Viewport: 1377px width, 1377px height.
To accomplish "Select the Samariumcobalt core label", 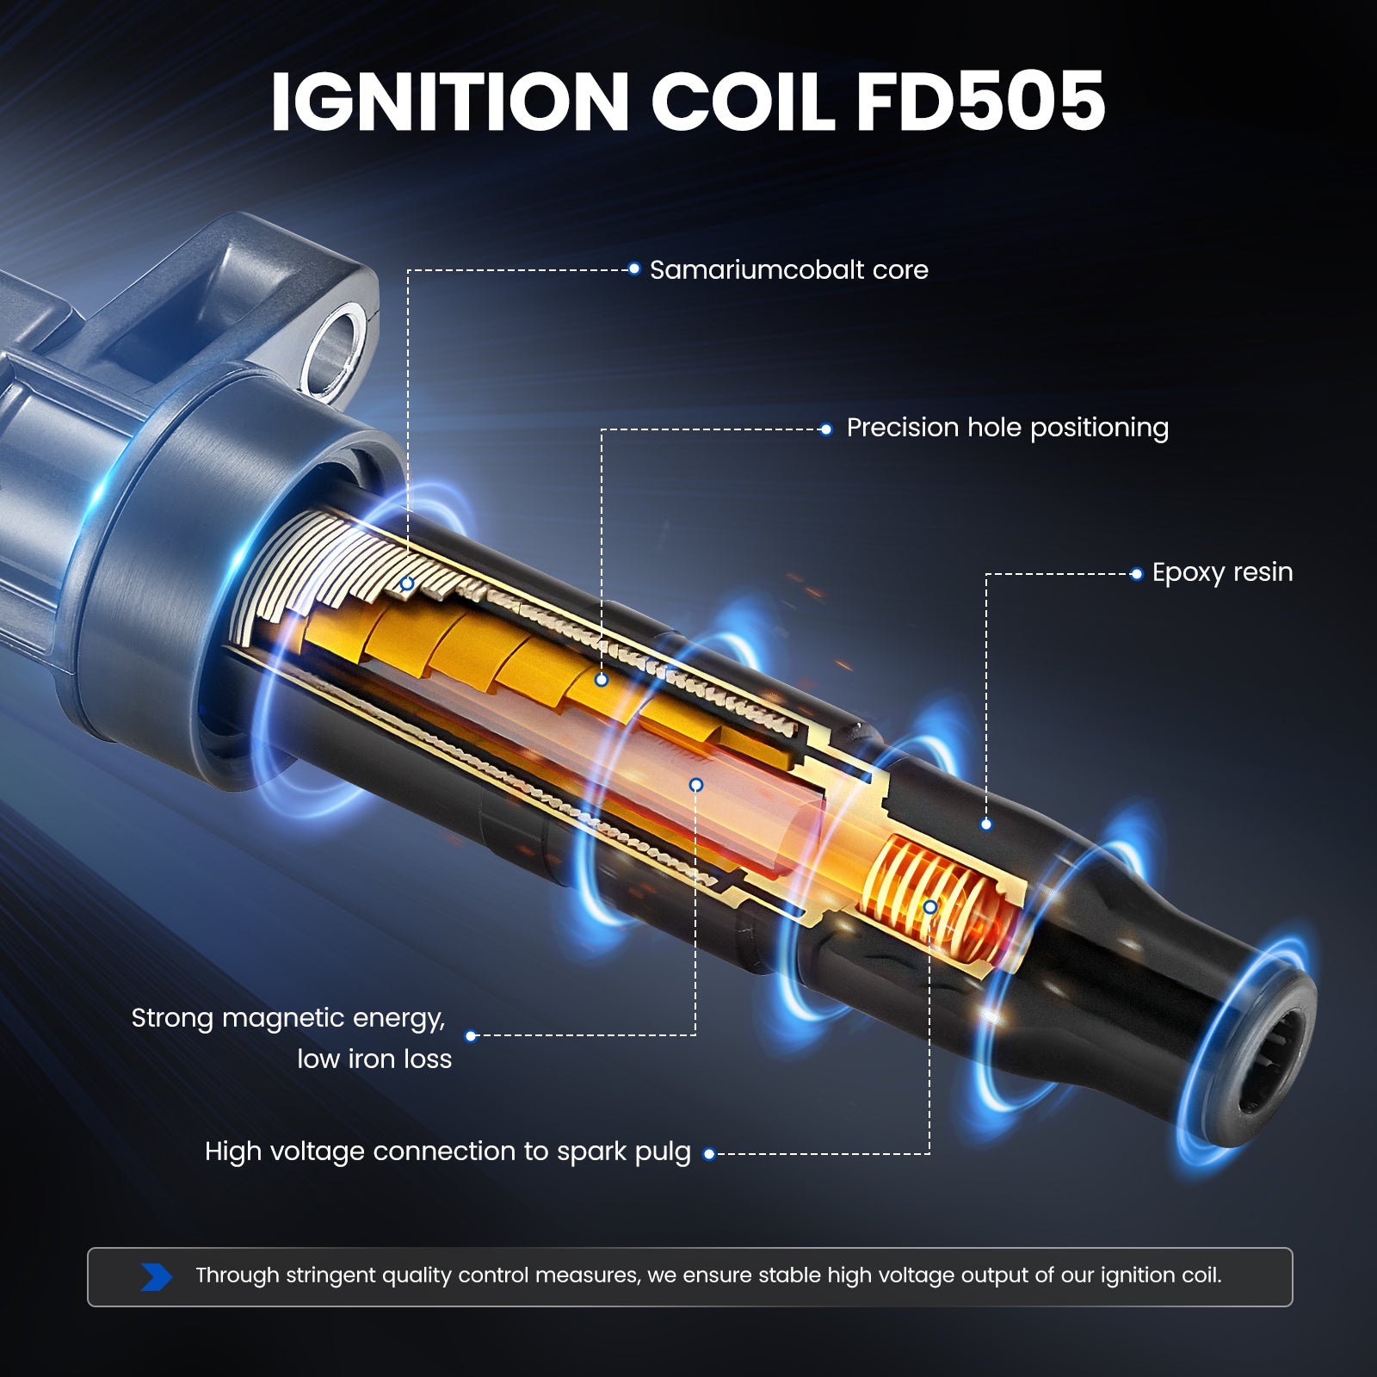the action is pos(789,270).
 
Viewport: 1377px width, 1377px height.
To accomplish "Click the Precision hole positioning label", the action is pos(1008,428).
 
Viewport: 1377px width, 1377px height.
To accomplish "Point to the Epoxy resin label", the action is pos(1223,572).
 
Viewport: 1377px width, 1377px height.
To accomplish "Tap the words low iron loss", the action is pos(374,1059).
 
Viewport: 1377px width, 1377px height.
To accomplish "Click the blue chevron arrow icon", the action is pos(157,1276).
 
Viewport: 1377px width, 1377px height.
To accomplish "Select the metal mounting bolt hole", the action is pos(335,349).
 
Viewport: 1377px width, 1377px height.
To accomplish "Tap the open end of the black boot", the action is pos(1269,1057).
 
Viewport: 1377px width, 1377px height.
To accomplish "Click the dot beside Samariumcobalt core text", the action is pos(634,269).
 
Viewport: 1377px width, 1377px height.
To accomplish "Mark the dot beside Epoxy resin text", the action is pos(1136,573).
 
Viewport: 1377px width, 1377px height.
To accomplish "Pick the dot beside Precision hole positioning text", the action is pos(826,429).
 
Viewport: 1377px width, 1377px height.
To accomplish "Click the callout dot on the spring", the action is pos(929,907).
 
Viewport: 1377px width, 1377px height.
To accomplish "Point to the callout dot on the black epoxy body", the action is pos(986,824).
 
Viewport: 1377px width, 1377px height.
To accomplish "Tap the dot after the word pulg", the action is pos(709,1154).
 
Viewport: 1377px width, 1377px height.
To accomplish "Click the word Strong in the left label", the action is pos(172,1019).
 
